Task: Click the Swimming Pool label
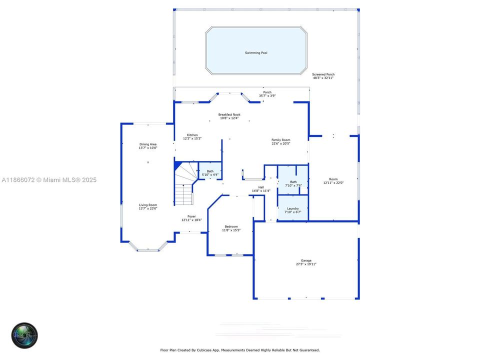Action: [x=256, y=52]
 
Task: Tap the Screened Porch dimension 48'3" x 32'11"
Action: [x=323, y=78]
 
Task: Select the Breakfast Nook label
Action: [x=229, y=114]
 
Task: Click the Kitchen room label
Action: [x=192, y=135]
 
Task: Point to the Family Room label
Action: [x=281, y=140]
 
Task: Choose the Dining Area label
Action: [x=148, y=144]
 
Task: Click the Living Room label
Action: [x=148, y=204]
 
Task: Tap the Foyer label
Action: [x=191, y=216]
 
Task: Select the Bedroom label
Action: [x=231, y=226]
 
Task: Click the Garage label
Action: [x=306, y=260]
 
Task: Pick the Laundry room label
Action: [x=293, y=208]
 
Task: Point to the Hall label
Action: [x=261, y=187]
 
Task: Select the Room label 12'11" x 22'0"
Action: [x=333, y=179]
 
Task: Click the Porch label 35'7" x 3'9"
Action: [x=267, y=92]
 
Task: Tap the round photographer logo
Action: [x=25, y=335]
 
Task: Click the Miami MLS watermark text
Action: [x=49, y=180]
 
